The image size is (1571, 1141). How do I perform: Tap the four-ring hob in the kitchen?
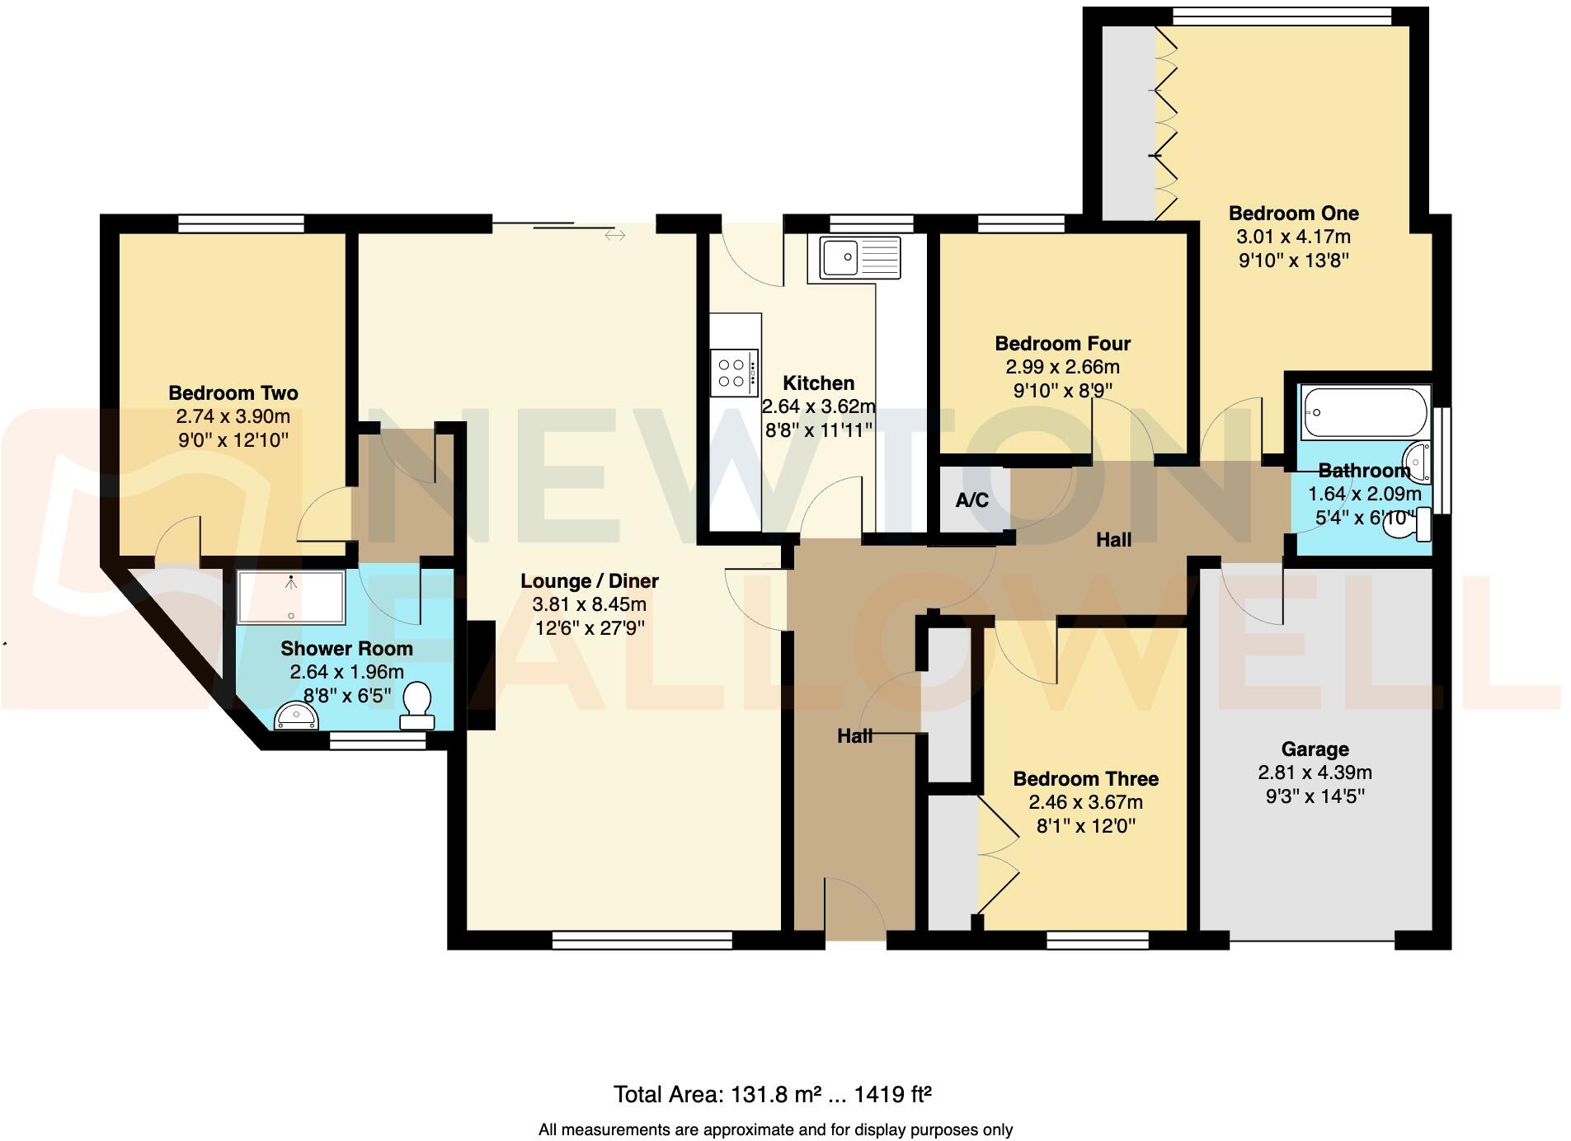tap(733, 373)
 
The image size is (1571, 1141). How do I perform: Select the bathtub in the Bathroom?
tap(1364, 413)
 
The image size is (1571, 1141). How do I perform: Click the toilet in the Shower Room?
tap(417, 706)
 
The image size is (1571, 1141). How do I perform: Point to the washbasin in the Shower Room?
tap(296, 715)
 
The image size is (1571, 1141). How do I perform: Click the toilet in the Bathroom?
tap(1410, 525)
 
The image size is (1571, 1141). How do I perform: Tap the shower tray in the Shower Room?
tap(290, 597)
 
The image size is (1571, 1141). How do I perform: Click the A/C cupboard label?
tap(971, 500)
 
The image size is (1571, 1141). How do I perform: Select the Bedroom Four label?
tap(1062, 343)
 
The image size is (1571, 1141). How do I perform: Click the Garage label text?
tap(1315, 749)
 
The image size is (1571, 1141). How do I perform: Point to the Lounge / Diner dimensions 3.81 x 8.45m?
tap(589, 604)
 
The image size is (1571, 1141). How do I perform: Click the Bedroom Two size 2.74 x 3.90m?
tap(233, 416)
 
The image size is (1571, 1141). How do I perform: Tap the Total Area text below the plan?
tap(772, 1094)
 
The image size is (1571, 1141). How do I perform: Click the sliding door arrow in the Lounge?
tap(614, 236)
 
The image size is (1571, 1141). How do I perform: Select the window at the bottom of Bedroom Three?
tap(1098, 940)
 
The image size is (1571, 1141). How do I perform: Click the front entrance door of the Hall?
tap(855, 907)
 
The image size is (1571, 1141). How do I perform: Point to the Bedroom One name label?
tap(1293, 213)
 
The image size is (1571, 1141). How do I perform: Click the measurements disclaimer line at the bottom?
tap(775, 1129)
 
